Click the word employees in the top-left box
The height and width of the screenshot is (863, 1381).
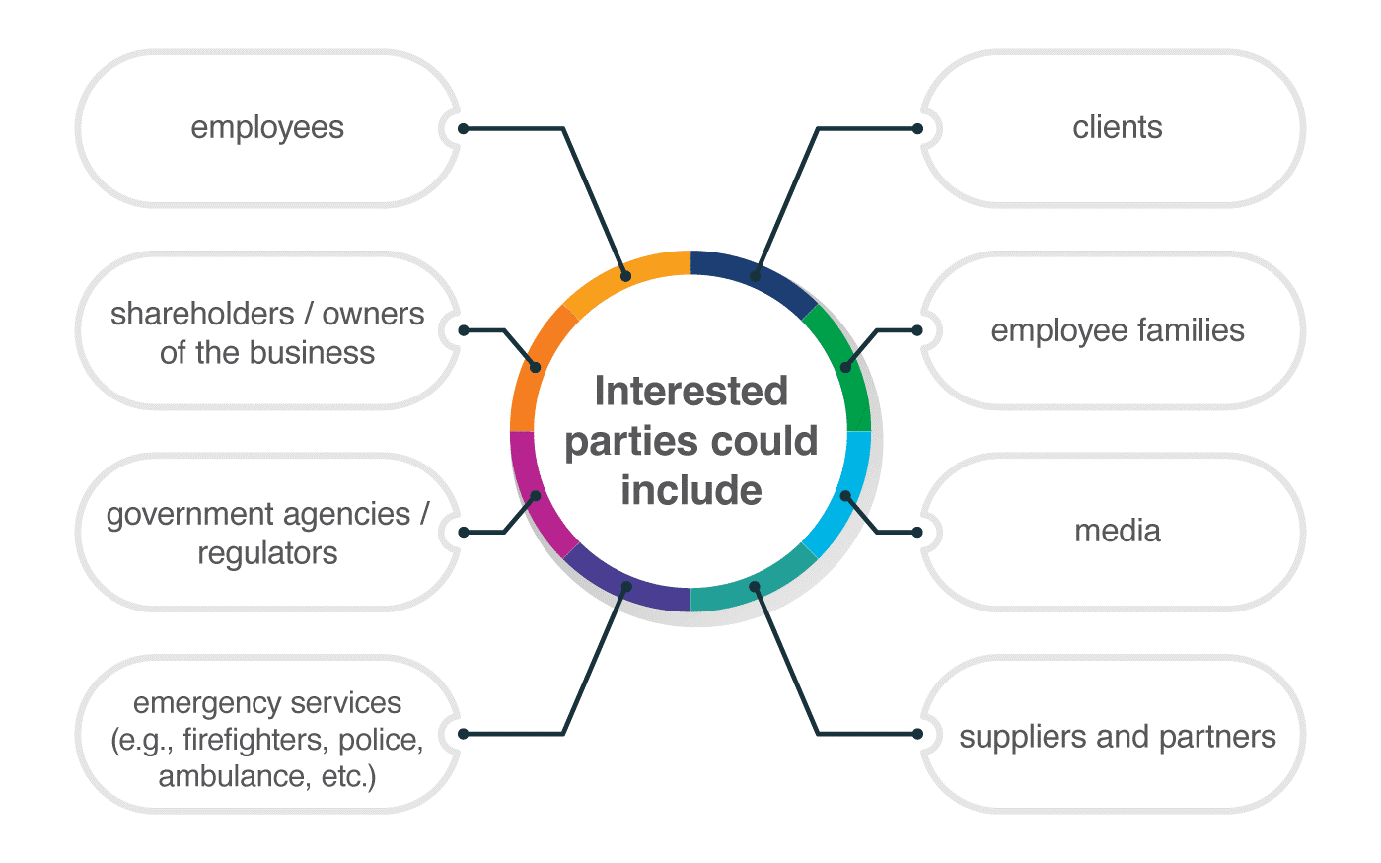(x=267, y=128)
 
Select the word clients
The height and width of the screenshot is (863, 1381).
(x=1117, y=128)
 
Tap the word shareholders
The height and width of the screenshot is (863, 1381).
(x=201, y=314)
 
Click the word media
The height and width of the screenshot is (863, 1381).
(x=1117, y=532)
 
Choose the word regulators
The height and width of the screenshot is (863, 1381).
(x=267, y=553)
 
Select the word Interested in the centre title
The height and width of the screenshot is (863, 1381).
(x=690, y=392)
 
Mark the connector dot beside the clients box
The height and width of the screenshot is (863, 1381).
(x=917, y=129)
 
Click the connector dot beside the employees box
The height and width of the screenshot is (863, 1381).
(x=463, y=129)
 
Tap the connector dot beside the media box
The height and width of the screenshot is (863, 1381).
(x=917, y=533)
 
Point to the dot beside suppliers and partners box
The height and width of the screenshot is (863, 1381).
(x=917, y=734)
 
